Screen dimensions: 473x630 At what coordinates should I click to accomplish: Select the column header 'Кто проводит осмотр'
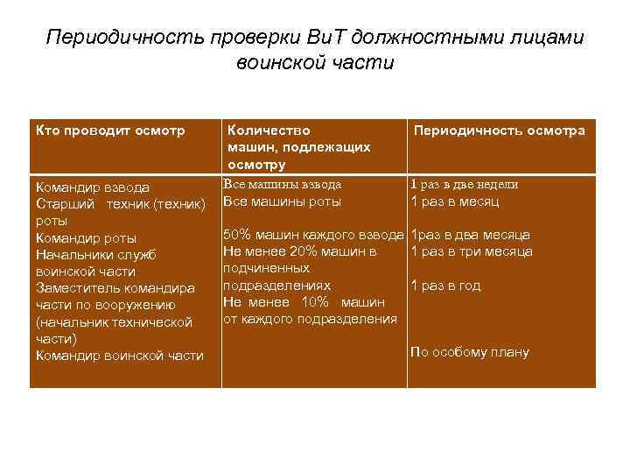110,131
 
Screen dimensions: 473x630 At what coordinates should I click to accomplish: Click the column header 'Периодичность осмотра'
500,131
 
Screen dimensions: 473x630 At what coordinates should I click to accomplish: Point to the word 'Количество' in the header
269,131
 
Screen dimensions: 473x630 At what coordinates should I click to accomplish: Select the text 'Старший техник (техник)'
120,204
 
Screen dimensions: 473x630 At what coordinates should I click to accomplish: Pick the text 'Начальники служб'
94,255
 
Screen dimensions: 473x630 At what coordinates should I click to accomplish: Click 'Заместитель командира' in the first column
115,288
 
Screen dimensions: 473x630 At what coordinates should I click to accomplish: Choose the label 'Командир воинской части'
119,356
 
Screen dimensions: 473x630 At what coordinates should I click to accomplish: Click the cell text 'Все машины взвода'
283,185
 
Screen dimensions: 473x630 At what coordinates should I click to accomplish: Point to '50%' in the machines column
238,235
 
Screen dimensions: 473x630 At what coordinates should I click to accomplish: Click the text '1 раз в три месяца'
471,252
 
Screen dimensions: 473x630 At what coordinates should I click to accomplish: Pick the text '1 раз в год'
445,286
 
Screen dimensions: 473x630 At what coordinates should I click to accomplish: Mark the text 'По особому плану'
469,353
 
